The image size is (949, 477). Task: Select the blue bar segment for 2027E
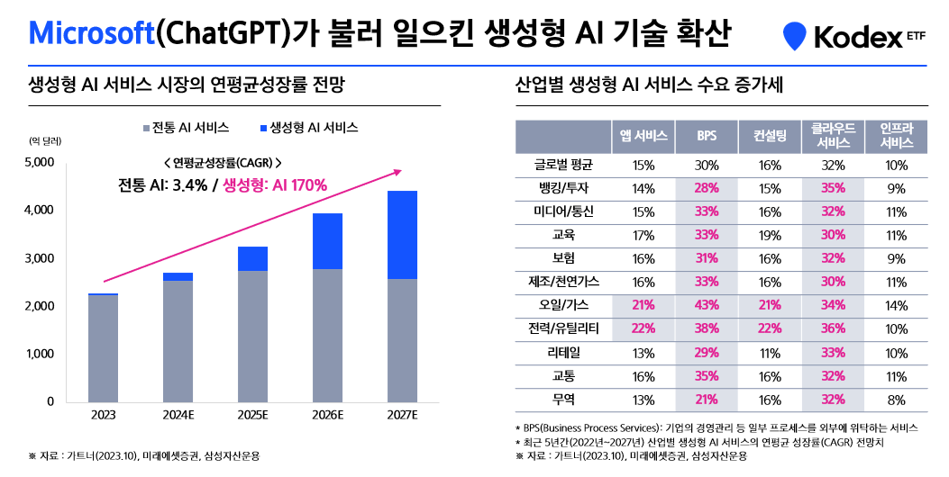pos(401,235)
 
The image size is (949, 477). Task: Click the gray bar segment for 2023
pos(103,347)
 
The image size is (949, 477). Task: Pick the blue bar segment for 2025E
pos(252,258)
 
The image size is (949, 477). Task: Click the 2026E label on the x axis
pos(327,415)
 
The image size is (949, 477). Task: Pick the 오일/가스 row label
pos(562,304)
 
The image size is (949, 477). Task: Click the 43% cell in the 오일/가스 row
pos(707,304)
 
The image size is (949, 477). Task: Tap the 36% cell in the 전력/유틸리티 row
pos(833,328)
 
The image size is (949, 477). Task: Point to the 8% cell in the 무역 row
pos(896,400)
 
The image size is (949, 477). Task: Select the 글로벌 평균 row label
pos(562,165)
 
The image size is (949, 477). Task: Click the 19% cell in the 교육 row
pos(770,235)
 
